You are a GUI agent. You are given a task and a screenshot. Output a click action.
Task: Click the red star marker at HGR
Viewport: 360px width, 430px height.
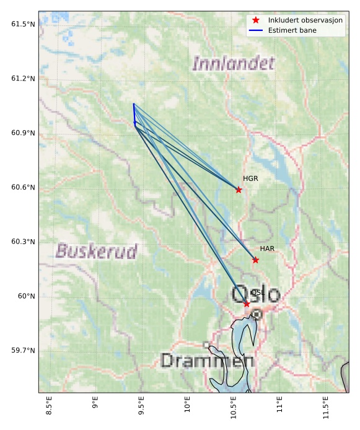[239, 190]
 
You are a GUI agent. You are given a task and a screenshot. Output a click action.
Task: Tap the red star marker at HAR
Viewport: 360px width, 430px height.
[255, 260]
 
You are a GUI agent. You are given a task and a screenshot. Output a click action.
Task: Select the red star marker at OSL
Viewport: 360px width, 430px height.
[247, 304]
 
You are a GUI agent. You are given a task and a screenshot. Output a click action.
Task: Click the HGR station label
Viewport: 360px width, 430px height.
[250, 179]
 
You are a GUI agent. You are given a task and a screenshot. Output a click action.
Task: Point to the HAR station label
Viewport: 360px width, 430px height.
[267, 249]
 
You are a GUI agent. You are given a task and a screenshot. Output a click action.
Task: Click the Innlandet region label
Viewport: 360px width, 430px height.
[233, 63]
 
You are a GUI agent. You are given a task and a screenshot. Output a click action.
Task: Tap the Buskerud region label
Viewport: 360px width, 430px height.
[97, 251]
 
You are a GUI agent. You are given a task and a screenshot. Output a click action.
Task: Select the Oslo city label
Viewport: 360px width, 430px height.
[256, 294]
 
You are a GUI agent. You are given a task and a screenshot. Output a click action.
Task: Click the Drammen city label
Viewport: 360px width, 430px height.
[207, 361]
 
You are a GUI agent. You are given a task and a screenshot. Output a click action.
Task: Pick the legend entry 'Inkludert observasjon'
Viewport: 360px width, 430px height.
[305, 20]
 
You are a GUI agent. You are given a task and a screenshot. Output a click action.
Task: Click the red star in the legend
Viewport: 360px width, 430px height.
[255, 20]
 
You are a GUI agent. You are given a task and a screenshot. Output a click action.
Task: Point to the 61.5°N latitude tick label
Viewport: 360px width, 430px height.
[23, 24]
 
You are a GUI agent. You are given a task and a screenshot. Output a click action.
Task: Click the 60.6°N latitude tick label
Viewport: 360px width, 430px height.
[23, 187]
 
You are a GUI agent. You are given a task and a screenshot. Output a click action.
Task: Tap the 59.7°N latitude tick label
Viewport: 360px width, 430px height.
[23, 351]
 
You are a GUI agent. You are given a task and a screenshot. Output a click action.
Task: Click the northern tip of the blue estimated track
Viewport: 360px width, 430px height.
[133, 103]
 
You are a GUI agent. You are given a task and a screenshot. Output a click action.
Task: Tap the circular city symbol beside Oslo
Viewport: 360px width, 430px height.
[257, 314]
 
